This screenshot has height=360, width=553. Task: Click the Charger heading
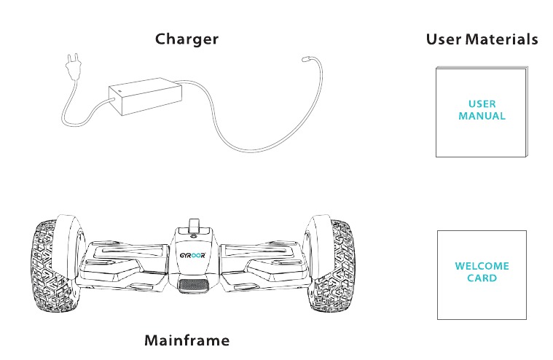pos(187,39)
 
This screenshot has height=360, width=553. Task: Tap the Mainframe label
pos(187,340)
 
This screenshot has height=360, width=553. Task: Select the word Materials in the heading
pos(502,39)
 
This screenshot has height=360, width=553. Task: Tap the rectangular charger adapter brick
pos(145,96)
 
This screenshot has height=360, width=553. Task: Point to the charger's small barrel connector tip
pos(305,58)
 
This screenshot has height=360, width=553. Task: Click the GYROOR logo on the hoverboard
pos(192,255)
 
